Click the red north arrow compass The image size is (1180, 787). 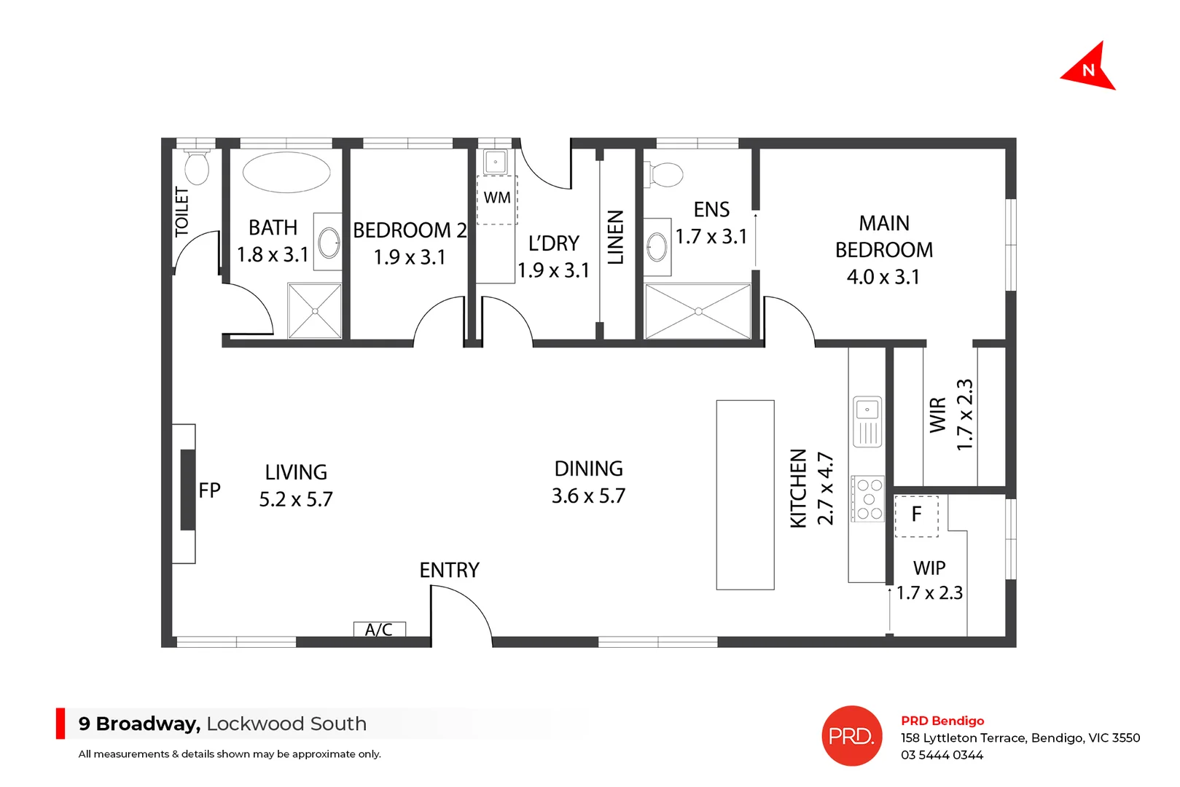(x=1089, y=68)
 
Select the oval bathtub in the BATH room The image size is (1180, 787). (x=286, y=173)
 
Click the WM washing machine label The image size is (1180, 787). (x=497, y=197)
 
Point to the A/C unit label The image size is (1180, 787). (x=379, y=630)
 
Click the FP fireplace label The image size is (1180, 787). (x=209, y=490)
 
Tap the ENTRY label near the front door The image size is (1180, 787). (x=449, y=570)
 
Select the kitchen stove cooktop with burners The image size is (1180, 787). (x=869, y=499)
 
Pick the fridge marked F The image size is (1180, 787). (x=916, y=515)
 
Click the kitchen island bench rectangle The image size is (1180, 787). (x=745, y=494)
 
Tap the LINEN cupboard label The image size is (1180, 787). (x=616, y=237)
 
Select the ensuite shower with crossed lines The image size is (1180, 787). (x=698, y=311)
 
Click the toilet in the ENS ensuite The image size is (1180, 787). (x=664, y=174)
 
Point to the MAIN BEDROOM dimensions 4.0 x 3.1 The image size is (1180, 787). (x=883, y=277)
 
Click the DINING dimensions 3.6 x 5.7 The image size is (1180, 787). (x=588, y=496)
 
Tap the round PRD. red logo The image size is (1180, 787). (x=852, y=736)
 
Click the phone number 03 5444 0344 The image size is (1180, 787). (x=942, y=756)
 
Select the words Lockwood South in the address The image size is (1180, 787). (x=286, y=724)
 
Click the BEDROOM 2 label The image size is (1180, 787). (x=410, y=230)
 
